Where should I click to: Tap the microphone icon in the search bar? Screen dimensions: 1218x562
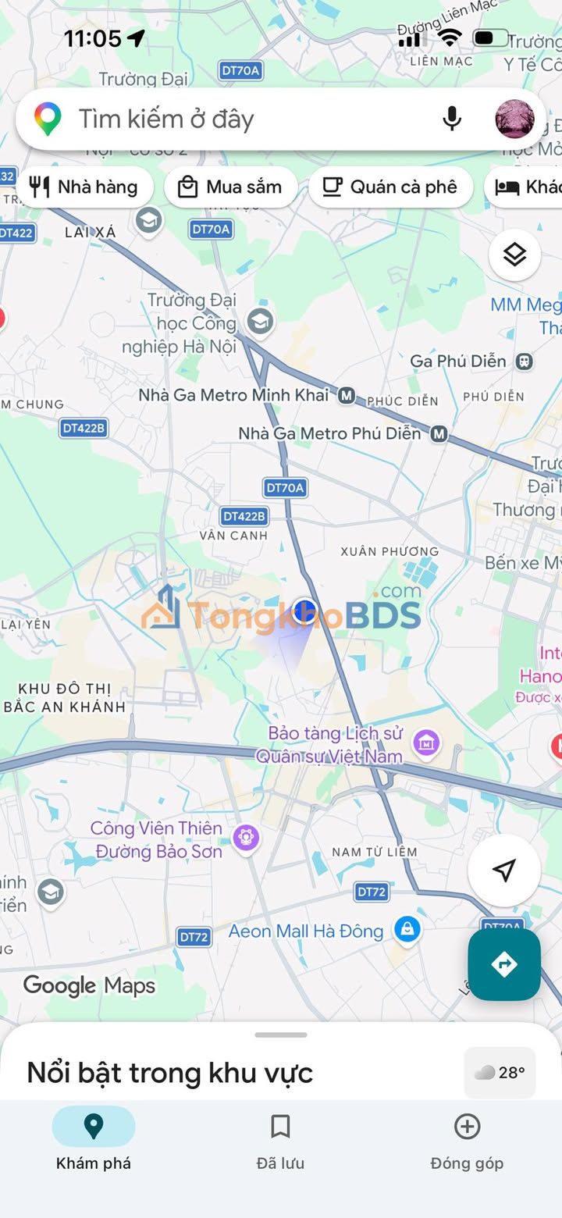[452, 119]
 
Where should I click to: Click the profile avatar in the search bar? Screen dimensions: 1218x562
[515, 119]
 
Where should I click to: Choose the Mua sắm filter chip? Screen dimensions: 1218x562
[230, 187]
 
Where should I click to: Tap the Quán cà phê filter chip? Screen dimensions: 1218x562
[390, 187]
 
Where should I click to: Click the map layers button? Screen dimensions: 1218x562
[514, 255]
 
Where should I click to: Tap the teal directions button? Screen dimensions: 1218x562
[504, 964]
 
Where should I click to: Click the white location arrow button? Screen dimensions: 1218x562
[504, 871]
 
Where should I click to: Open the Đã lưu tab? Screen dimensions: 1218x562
[280, 1139]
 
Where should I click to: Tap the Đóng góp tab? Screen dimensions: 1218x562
[467, 1139]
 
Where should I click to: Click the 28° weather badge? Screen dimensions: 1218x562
[500, 1073]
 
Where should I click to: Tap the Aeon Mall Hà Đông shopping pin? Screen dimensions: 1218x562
[407, 929]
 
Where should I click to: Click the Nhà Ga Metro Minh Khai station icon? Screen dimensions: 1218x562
[347, 396]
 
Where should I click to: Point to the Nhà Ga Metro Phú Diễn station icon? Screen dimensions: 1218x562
[439, 433]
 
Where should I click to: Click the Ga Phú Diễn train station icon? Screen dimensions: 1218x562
[525, 361]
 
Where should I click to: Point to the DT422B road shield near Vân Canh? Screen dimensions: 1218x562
[244, 516]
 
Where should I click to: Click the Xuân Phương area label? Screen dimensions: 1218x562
[389, 551]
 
